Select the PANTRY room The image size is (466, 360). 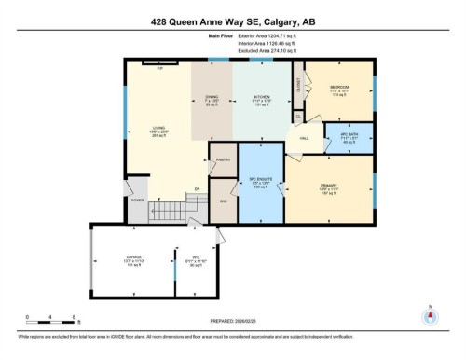click(222, 159)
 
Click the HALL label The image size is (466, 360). click(304, 138)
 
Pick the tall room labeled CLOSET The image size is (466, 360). click(298, 86)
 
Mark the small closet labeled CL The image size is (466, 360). click(299, 116)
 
